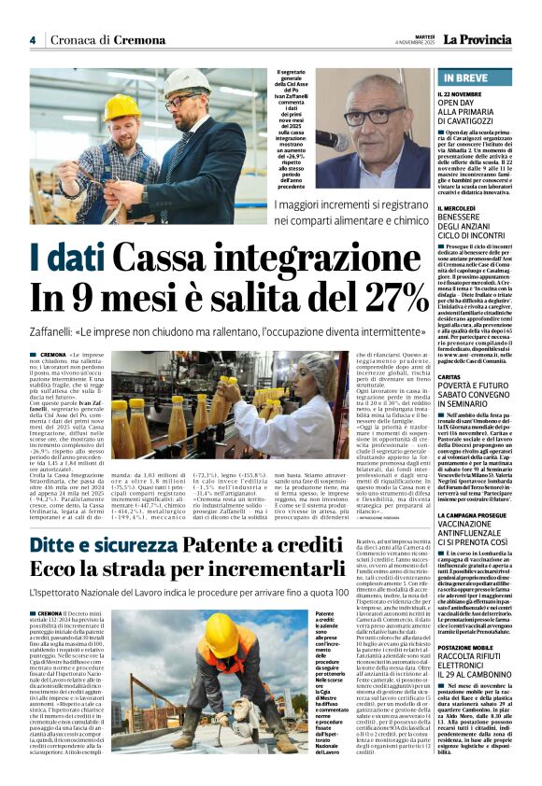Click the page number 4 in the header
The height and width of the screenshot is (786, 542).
32,40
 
